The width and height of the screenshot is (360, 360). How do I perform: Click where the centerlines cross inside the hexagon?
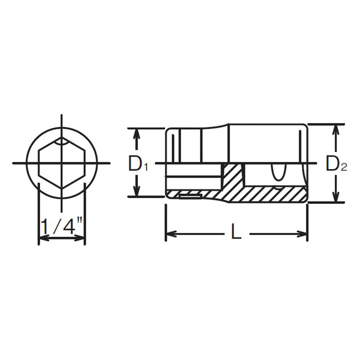(62, 163)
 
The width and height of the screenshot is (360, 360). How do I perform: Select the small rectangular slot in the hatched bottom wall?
(190, 195)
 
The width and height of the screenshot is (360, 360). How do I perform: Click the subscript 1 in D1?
(146, 168)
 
